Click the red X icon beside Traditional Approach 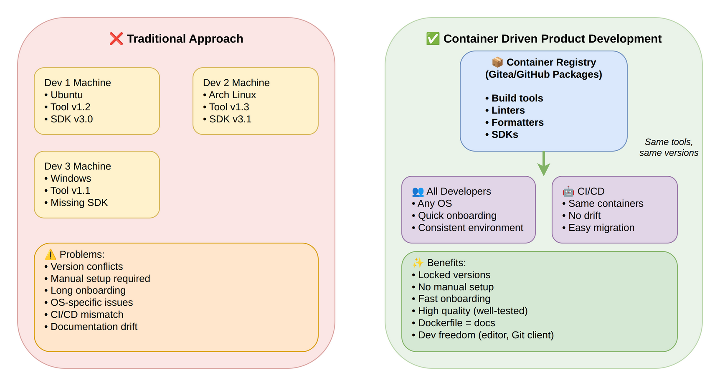pyautogui.click(x=116, y=39)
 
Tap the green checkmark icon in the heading pyautogui.click(x=433, y=39)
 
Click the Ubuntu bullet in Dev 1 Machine pyautogui.click(x=66, y=95)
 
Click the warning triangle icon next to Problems pyautogui.click(x=50, y=254)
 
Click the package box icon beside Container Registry pyautogui.click(x=497, y=62)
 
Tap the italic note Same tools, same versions pyautogui.click(x=668, y=147)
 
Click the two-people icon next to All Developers pyautogui.click(x=418, y=192)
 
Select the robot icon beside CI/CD pyautogui.click(x=568, y=191)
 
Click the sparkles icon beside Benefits pyautogui.click(x=418, y=263)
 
